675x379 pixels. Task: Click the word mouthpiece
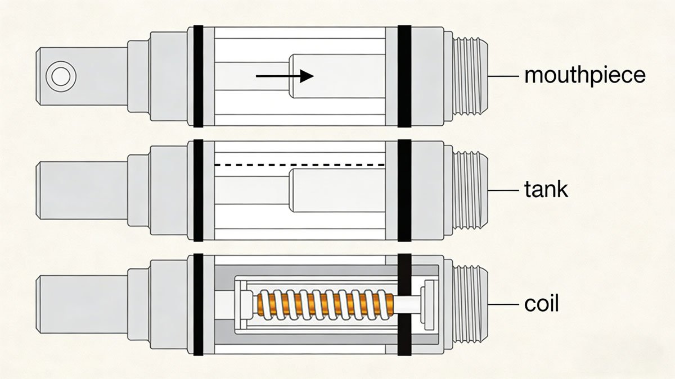point(584,75)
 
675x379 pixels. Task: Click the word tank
point(546,190)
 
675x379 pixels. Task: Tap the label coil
point(541,304)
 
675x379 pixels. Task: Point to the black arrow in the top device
point(284,76)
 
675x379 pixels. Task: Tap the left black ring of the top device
point(197,76)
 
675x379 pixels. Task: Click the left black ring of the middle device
point(197,191)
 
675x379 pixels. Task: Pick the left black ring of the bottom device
point(197,305)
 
